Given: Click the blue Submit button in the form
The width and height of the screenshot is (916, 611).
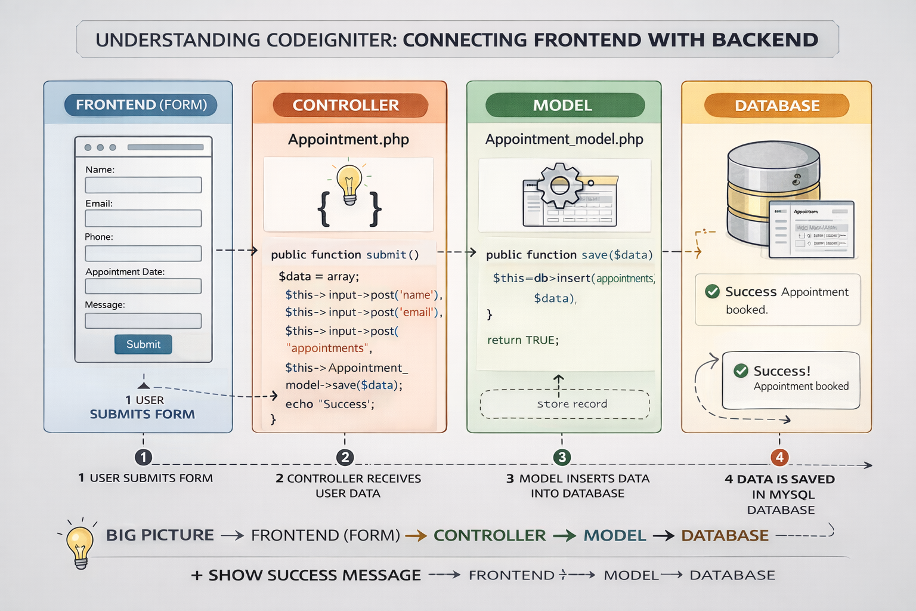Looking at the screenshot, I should click(x=143, y=344).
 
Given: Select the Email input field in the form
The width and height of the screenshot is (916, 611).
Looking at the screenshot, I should click(x=143, y=218).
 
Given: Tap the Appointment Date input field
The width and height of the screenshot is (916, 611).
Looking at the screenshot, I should click(x=143, y=286).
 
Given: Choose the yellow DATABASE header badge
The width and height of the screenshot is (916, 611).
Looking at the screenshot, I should click(x=776, y=106).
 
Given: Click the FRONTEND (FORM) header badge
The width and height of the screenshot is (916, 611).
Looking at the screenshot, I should click(x=141, y=105).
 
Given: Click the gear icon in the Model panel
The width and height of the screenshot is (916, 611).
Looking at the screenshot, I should click(x=559, y=186).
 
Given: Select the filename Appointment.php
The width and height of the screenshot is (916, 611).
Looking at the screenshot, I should click(x=348, y=140).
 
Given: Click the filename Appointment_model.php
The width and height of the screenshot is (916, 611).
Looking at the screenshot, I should click(x=564, y=140).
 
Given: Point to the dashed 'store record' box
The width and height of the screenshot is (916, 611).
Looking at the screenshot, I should click(x=565, y=404).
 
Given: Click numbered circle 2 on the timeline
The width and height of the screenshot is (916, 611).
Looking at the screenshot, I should click(x=345, y=458).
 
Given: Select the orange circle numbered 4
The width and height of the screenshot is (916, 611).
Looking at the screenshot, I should click(x=779, y=458).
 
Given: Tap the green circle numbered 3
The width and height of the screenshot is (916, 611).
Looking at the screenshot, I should click(x=562, y=458).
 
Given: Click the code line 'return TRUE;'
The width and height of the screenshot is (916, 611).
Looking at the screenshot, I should click(x=522, y=340).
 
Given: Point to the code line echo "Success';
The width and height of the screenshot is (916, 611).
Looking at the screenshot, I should click(x=330, y=404).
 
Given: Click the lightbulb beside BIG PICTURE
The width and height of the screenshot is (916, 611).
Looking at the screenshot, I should click(x=80, y=544).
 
